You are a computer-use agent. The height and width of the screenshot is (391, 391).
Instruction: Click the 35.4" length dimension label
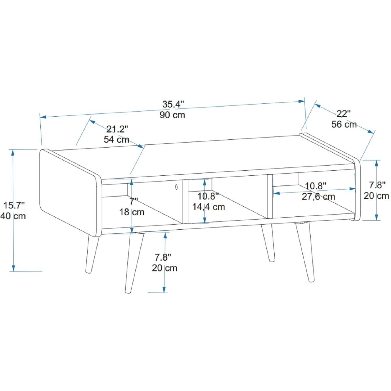point(173,104)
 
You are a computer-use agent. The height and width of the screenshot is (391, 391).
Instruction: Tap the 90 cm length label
point(172,115)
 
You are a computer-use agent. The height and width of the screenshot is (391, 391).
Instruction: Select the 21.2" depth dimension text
point(117,129)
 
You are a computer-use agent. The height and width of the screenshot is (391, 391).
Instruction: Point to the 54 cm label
point(116,139)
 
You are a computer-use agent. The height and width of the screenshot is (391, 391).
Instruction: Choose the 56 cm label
point(344,124)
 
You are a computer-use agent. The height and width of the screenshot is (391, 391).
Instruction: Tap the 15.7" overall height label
point(14,205)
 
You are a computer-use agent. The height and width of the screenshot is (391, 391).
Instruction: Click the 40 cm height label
point(13,216)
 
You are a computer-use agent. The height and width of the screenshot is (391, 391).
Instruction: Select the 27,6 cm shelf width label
point(318,196)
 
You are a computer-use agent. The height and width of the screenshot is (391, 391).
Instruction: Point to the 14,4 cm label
point(209,207)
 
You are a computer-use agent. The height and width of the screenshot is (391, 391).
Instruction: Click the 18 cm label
point(132,212)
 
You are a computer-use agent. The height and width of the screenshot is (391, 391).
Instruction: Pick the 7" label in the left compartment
point(134,201)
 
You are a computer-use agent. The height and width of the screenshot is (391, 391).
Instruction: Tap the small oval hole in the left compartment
point(176,187)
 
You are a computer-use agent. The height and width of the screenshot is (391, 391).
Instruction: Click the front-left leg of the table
point(134,262)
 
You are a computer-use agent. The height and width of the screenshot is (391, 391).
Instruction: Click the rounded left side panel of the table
point(70,193)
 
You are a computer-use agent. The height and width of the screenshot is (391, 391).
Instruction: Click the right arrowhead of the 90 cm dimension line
point(301,101)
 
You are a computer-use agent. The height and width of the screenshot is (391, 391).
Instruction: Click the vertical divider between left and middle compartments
point(185,201)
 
